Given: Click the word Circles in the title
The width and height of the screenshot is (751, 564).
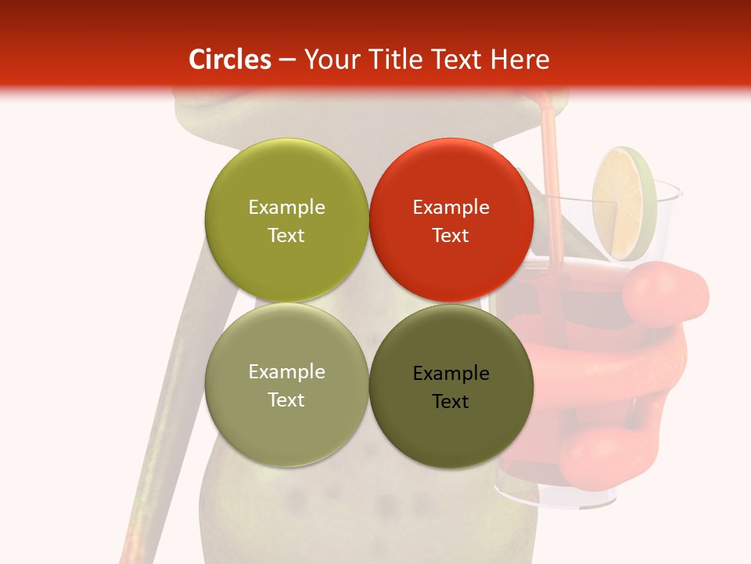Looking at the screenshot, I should click(230, 60).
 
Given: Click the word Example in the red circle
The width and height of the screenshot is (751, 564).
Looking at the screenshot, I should click(451, 208).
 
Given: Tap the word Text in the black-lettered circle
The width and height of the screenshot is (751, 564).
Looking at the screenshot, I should click(451, 402).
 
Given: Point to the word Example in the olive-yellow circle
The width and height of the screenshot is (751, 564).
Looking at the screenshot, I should click(286, 208).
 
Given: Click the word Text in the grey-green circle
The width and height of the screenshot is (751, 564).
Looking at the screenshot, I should click(286, 400).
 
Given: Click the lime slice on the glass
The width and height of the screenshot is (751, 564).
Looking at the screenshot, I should click(623, 204).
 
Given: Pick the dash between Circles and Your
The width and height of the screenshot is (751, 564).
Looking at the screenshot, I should click(287, 60).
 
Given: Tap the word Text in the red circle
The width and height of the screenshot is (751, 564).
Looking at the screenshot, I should click(451, 236).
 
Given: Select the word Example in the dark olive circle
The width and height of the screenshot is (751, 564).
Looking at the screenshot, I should click(451, 374).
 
